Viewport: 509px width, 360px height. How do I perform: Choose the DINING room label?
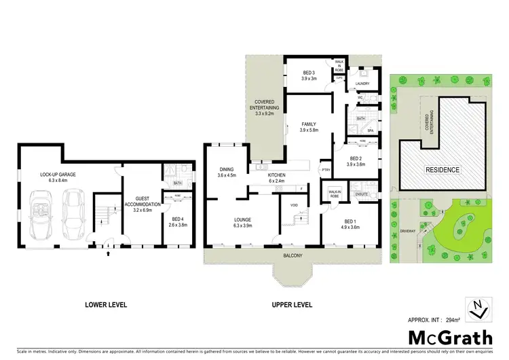[x=227, y=172]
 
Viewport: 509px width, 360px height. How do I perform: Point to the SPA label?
[x=371, y=130]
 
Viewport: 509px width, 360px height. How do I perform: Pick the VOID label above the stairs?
[x=293, y=204]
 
